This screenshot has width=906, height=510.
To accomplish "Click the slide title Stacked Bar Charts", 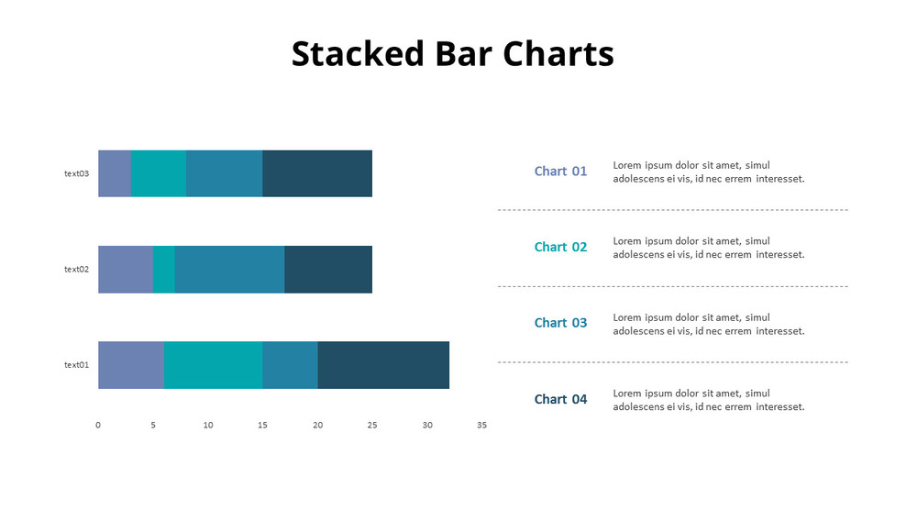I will (x=452, y=54).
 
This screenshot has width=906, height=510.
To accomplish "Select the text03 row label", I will (x=76, y=173).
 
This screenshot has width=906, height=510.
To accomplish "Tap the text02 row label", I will (x=76, y=269).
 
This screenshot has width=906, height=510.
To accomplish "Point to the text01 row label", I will (x=76, y=365).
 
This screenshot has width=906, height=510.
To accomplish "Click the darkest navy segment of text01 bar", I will (x=382, y=365).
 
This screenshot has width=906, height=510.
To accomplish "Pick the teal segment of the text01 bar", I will (x=213, y=365).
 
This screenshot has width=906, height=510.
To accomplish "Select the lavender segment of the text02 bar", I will (x=125, y=269).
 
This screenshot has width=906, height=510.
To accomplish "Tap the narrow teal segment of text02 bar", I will (x=163, y=269).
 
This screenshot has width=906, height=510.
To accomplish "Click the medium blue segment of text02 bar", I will (x=229, y=269).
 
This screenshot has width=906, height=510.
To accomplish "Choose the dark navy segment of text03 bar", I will (x=316, y=173).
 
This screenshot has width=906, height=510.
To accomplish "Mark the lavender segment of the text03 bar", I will (x=114, y=173).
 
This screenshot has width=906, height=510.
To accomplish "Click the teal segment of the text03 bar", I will (x=158, y=173).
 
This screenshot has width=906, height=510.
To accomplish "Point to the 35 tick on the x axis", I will (x=481, y=426).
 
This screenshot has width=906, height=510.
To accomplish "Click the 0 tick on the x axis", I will (x=98, y=426).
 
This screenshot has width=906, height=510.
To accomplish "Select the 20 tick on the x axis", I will (x=317, y=426).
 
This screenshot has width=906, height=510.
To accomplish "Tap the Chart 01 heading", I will (x=560, y=172).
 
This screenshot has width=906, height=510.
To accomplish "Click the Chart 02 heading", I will (x=560, y=248).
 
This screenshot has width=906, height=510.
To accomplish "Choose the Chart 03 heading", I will (x=560, y=324).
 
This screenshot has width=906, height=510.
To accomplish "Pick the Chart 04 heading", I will (x=560, y=400).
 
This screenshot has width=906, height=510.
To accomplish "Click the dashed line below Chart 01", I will (x=672, y=210).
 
